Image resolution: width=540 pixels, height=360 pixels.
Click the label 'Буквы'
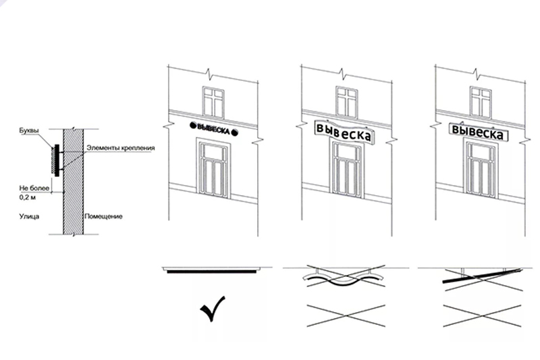[29, 131]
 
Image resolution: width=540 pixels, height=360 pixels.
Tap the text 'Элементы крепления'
[121, 148]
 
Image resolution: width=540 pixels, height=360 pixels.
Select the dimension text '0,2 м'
[27, 197]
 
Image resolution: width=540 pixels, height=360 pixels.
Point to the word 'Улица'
[29, 216]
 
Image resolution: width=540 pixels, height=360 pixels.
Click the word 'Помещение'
[103, 216]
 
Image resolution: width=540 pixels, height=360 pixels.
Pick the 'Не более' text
[34, 188]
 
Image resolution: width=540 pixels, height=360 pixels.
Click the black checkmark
[213, 308]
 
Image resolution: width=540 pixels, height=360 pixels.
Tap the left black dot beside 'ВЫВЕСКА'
[192, 125]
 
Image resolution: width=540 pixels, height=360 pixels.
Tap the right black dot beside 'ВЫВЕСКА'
[234, 132]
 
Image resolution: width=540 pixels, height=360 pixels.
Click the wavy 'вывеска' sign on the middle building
[344, 132]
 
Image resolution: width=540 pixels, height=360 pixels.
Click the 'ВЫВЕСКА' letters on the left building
[213, 129]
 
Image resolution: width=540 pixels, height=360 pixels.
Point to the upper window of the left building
[213, 102]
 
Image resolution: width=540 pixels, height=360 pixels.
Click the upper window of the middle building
[347, 102]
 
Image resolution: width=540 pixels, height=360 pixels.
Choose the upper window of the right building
[481, 102]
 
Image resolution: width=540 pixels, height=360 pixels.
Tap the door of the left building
[213, 168]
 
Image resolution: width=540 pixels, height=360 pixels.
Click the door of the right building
[481, 169]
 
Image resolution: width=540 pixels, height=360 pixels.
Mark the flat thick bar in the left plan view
[212, 272]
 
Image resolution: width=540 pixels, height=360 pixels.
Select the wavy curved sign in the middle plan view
[344, 279]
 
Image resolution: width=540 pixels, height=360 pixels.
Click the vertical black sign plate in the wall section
[57, 161]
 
